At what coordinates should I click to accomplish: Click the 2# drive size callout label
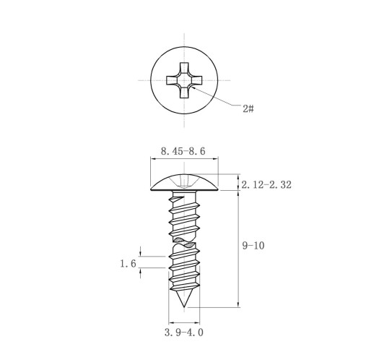coord(248,108)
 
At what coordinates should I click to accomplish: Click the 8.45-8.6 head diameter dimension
coord(183,151)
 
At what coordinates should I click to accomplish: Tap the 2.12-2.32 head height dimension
coord(266,185)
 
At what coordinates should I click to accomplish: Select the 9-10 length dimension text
coord(253,246)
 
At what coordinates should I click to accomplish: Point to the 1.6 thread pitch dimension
coord(129,263)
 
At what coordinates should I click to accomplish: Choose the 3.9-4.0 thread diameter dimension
coord(184,333)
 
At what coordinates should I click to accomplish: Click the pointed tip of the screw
coord(184,307)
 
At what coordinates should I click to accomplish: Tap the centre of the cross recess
coord(184,80)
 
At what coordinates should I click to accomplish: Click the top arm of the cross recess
coord(184,68)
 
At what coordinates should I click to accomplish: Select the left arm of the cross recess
coord(172,80)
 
